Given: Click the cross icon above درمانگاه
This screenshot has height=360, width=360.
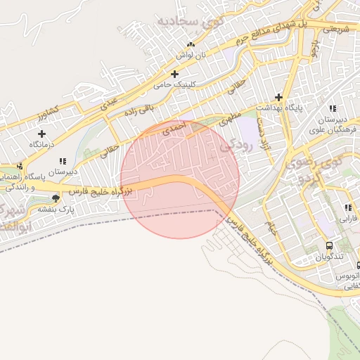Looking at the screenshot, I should tap(41, 134).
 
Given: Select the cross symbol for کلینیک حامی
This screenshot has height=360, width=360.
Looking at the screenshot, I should tap(174, 74).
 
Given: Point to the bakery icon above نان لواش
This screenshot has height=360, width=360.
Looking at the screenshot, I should tap(191, 44).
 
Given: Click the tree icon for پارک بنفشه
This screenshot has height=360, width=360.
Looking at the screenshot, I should tap(56, 198).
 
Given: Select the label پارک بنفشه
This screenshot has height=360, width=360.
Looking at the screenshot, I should tap(55, 210).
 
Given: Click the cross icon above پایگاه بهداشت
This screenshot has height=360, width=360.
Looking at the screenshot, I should tap(279, 97).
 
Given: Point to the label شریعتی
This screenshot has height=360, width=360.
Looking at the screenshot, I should tap(335, 29).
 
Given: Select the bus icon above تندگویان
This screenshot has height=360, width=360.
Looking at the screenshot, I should tap(329, 246).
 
